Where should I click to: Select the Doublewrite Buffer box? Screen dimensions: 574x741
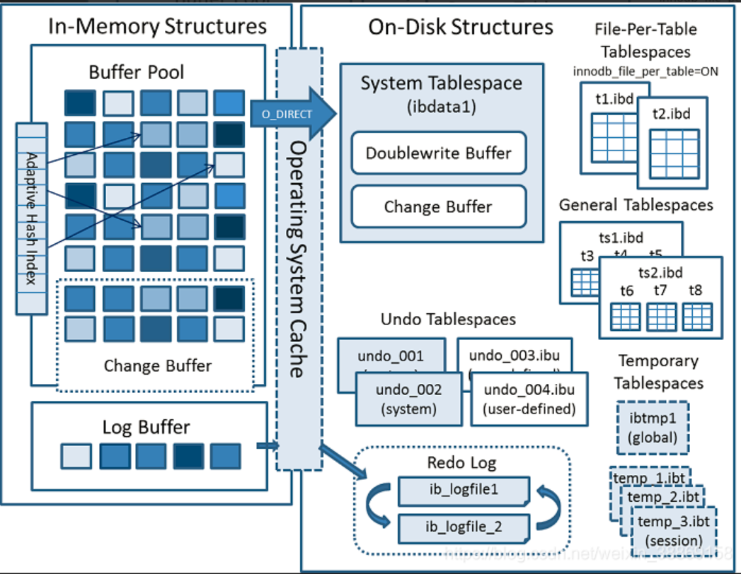pos(439,153)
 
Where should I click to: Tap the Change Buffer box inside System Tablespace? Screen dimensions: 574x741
pos(439,206)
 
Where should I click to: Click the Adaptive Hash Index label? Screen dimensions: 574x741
pos(31,218)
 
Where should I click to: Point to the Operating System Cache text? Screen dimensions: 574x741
pos(299,258)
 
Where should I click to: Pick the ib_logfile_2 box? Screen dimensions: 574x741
pos(463,527)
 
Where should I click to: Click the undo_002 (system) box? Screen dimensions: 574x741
pos(408,399)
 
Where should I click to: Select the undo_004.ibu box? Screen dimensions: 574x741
pos(529,399)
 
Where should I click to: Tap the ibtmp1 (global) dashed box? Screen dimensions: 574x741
pos(653,428)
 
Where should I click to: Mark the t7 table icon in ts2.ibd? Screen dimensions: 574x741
pos(661,316)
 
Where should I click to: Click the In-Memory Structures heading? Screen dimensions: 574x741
pos(157,27)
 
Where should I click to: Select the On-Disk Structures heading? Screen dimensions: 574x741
pos(460,27)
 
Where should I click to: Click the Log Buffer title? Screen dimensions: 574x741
pos(147,427)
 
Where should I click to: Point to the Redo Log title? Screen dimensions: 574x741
pos(461,463)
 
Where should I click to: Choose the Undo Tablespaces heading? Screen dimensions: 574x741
pos(448,319)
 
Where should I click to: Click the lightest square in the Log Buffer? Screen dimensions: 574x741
pos(76,456)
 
